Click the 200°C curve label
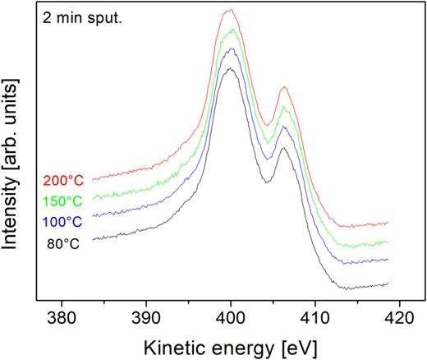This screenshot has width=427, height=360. click(63, 179)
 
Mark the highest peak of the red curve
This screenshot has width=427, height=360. click(231, 10)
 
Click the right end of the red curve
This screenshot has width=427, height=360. click(388, 223)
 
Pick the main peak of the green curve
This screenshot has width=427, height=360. click(233, 30)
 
